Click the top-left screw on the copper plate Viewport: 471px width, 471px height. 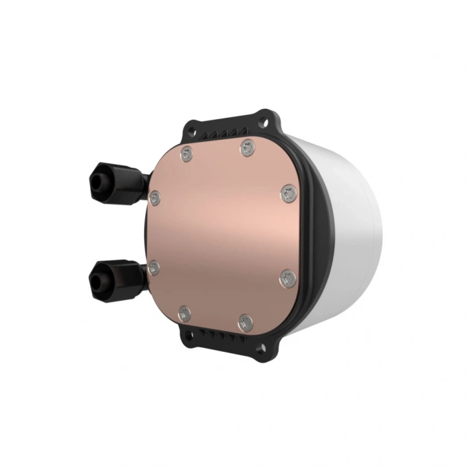click(x=186, y=155)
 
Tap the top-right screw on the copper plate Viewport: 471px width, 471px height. click(x=248, y=147)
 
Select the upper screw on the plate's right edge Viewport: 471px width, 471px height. click(x=289, y=194)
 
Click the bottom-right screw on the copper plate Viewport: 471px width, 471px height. click(x=246, y=323)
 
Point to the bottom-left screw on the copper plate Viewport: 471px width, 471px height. click(x=184, y=313)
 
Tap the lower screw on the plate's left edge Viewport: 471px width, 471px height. click(x=154, y=268)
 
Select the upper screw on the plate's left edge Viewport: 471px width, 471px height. click(x=155, y=198)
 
